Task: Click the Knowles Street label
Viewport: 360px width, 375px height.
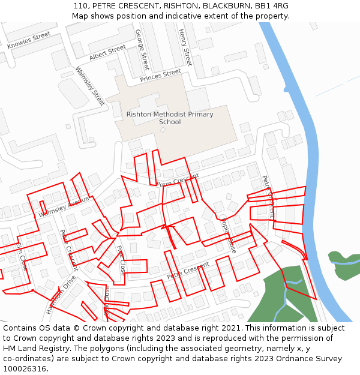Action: pos(29,40)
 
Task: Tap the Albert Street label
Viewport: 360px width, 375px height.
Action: pos(107,52)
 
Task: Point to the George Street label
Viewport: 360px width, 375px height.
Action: pos(142,49)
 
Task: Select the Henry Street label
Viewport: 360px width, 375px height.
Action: pos(185,47)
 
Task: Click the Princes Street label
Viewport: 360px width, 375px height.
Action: pos(160,76)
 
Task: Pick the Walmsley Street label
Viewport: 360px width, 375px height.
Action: pos(90,85)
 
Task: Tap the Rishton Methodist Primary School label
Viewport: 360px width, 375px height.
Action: pos(170,118)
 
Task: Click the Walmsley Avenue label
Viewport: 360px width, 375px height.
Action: pos(64,206)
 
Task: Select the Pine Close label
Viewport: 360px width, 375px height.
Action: pos(121,260)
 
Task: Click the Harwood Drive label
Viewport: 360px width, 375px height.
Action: pos(61,295)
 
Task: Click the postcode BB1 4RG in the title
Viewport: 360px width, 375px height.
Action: pos(271,6)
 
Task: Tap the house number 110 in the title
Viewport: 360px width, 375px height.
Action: pos(80,6)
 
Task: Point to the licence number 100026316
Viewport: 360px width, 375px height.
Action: pos(26,368)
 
